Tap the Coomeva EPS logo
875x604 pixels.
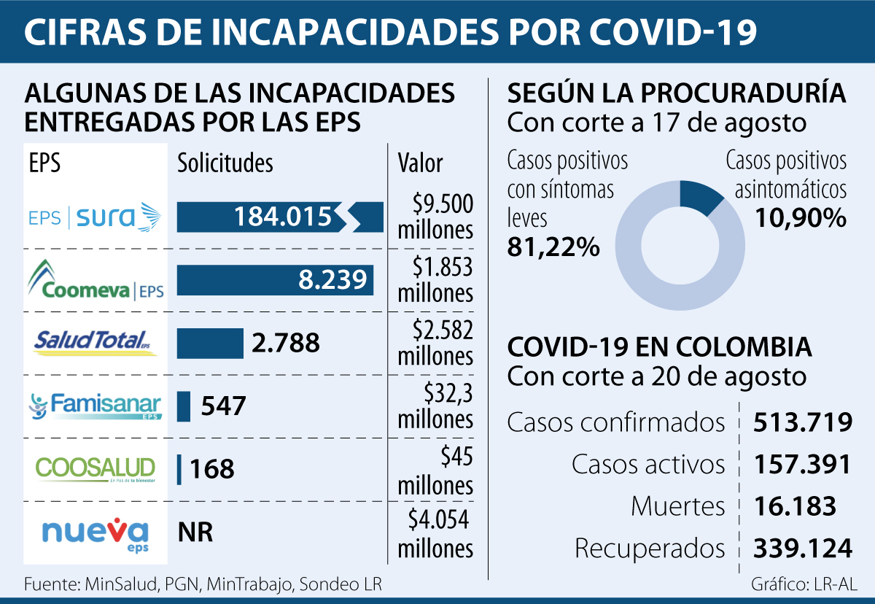pyautogui.click(x=95, y=280)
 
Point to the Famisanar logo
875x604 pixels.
pyautogui.click(x=95, y=406)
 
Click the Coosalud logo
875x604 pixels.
pyautogui.click(x=95, y=469)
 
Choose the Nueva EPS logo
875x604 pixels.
pyautogui.click(x=95, y=533)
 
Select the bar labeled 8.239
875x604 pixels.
pyautogui.click(x=275, y=280)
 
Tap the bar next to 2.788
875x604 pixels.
pyautogui.click(x=210, y=343)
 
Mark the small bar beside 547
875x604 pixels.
pyautogui.click(x=184, y=406)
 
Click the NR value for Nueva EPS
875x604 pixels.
pyautogui.click(x=195, y=533)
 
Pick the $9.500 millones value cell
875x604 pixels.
pyautogui.click(x=436, y=217)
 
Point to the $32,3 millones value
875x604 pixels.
pyautogui.click(x=436, y=406)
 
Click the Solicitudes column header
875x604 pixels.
pyautogui.click(x=225, y=163)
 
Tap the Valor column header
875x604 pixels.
pyautogui.click(x=420, y=163)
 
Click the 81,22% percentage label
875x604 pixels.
pyautogui.click(x=553, y=247)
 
